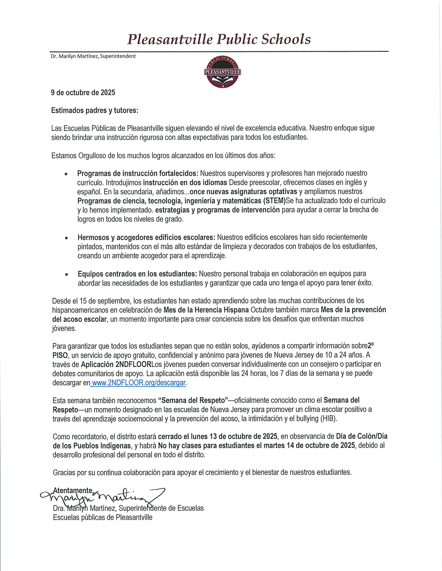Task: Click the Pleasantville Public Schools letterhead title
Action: coord(219,39)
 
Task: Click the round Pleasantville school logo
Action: coord(222,72)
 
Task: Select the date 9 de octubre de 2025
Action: coord(83,93)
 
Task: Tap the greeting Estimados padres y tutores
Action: coord(94,110)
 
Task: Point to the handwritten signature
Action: coord(102,496)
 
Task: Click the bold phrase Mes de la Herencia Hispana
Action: coord(206,310)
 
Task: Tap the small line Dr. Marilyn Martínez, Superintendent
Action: coord(93,56)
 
